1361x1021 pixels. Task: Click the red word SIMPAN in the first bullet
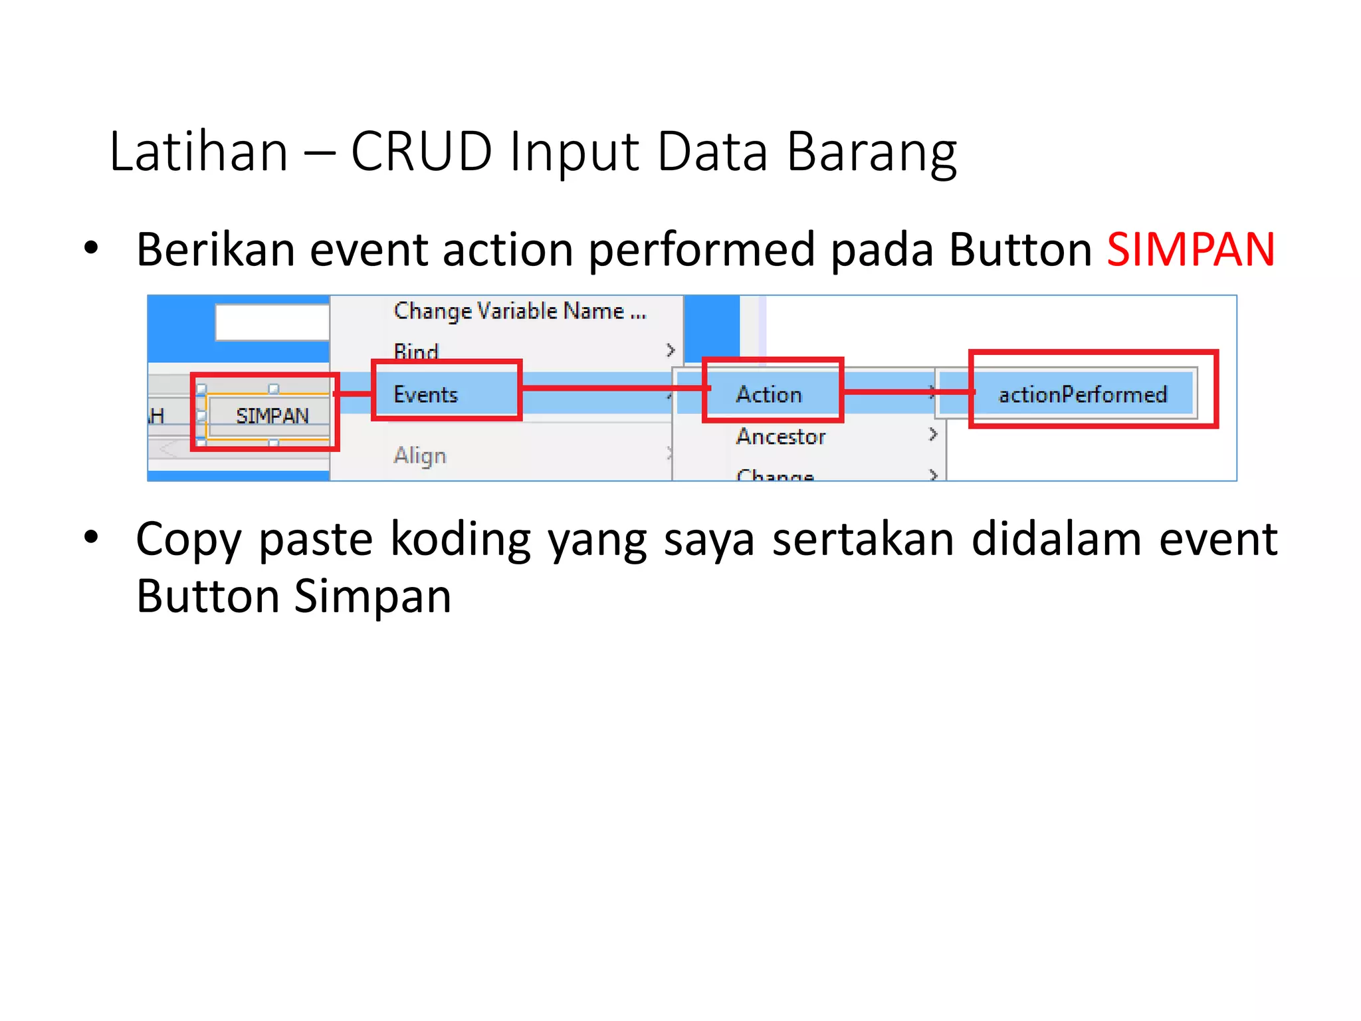tap(1190, 250)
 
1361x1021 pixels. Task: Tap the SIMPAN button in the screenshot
tap(272, 416)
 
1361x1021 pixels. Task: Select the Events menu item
tap(426, 394)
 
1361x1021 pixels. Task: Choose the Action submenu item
tap(769, 394)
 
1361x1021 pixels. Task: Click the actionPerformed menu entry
tap(1083, 394)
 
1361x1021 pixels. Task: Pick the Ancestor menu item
tap(781, 436)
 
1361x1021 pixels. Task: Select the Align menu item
tap(420, 456)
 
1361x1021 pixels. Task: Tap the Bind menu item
tap(416, 350)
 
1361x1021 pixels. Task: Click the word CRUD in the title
tap(421, 152)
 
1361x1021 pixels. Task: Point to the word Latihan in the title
tap(199, 152)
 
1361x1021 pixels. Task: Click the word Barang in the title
tap(871, 152)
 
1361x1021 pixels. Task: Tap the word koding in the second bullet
tap(461, 538)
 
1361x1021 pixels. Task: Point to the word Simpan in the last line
tap(373, 596)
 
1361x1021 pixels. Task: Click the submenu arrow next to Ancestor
tap(933, 435)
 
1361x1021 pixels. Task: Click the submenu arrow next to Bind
tap(671, 350)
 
